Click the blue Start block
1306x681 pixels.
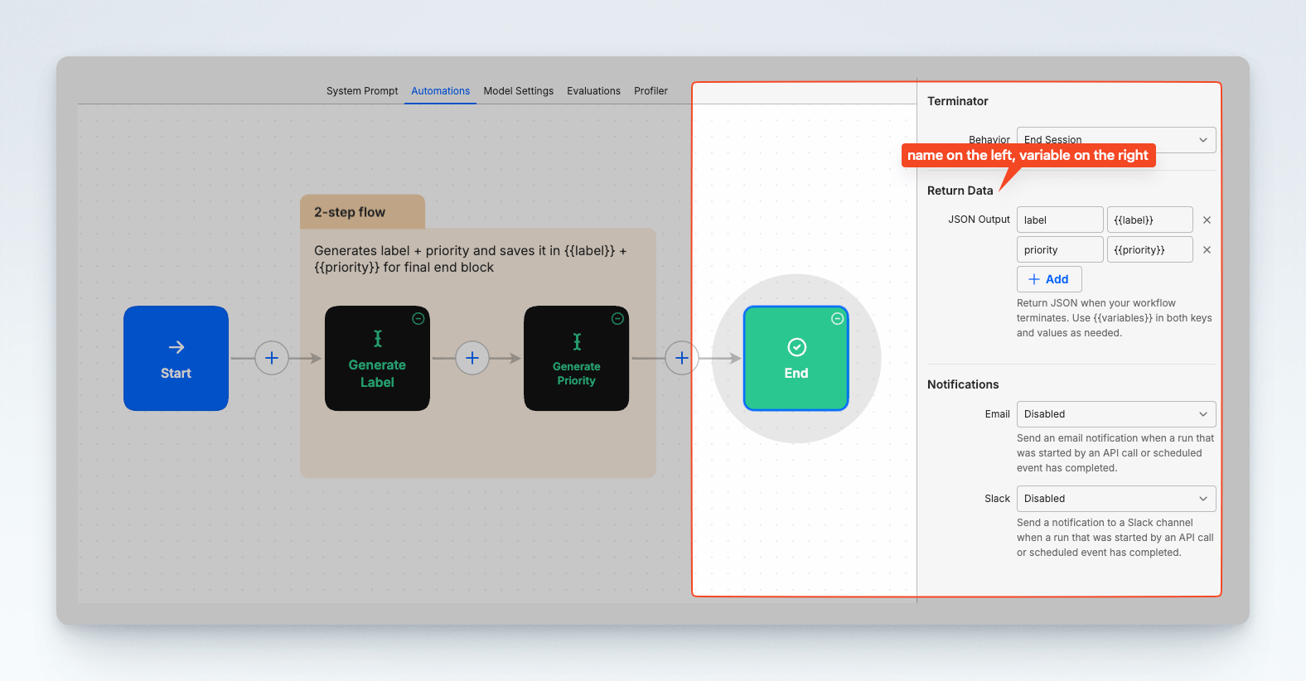[x=176, y=358]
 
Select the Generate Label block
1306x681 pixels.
[x=377, y=358]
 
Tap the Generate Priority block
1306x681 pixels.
[x=576, y=358]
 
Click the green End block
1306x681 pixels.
[x=796, y=358]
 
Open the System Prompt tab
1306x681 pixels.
[x=362, y=91]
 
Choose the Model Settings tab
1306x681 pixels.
[x=518, y=91]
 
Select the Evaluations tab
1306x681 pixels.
[x=593, y=91]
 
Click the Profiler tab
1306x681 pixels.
[x=651, y=91]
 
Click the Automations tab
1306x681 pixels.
[x=440, y=91]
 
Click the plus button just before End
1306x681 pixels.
[x=681, y=358]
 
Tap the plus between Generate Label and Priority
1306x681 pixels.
[x=472, y=358]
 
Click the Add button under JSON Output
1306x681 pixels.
[x=1049, y=279]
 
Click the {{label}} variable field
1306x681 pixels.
[x=1149, y=220]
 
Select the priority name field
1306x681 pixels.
[x=1060, y=249]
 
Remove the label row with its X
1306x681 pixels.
[x=1207, y=220]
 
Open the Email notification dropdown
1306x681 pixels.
[x=1116, y=414]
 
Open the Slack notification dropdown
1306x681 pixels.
[x=1116, y=499]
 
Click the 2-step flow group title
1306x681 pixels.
[x=350, y=212]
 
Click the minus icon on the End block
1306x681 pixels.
[x=837, y=318]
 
